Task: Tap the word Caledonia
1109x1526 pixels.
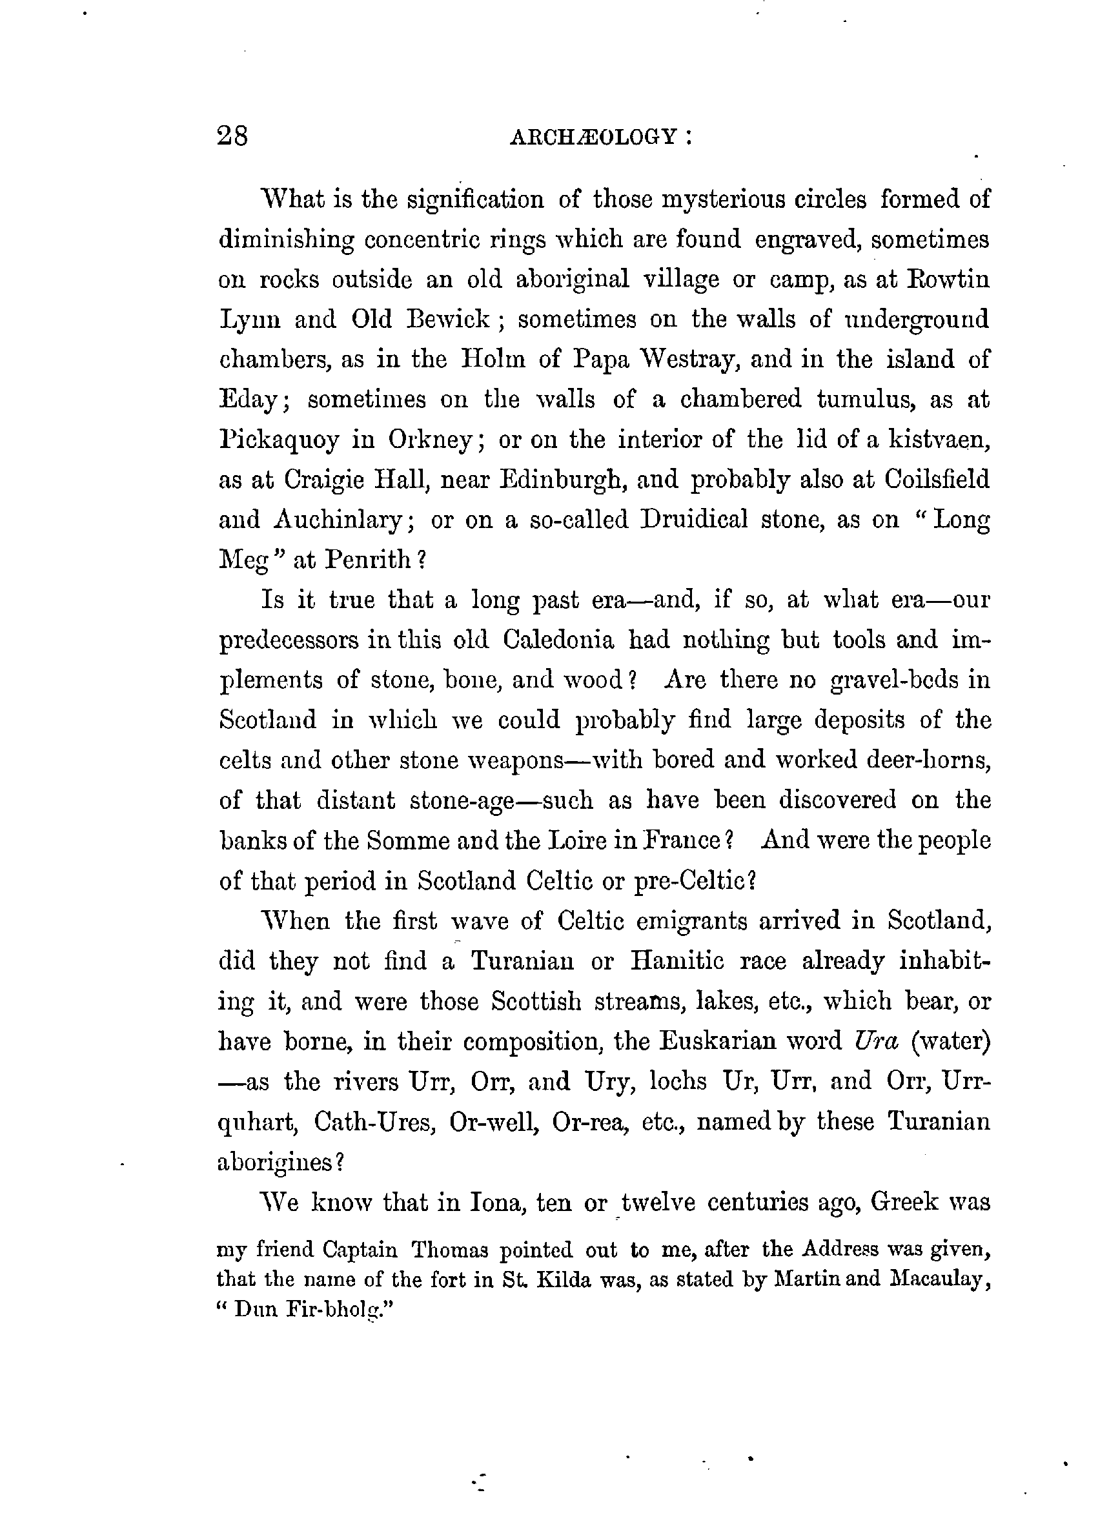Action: pos(558,639)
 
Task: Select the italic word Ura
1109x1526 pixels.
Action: pos(875,1042)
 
